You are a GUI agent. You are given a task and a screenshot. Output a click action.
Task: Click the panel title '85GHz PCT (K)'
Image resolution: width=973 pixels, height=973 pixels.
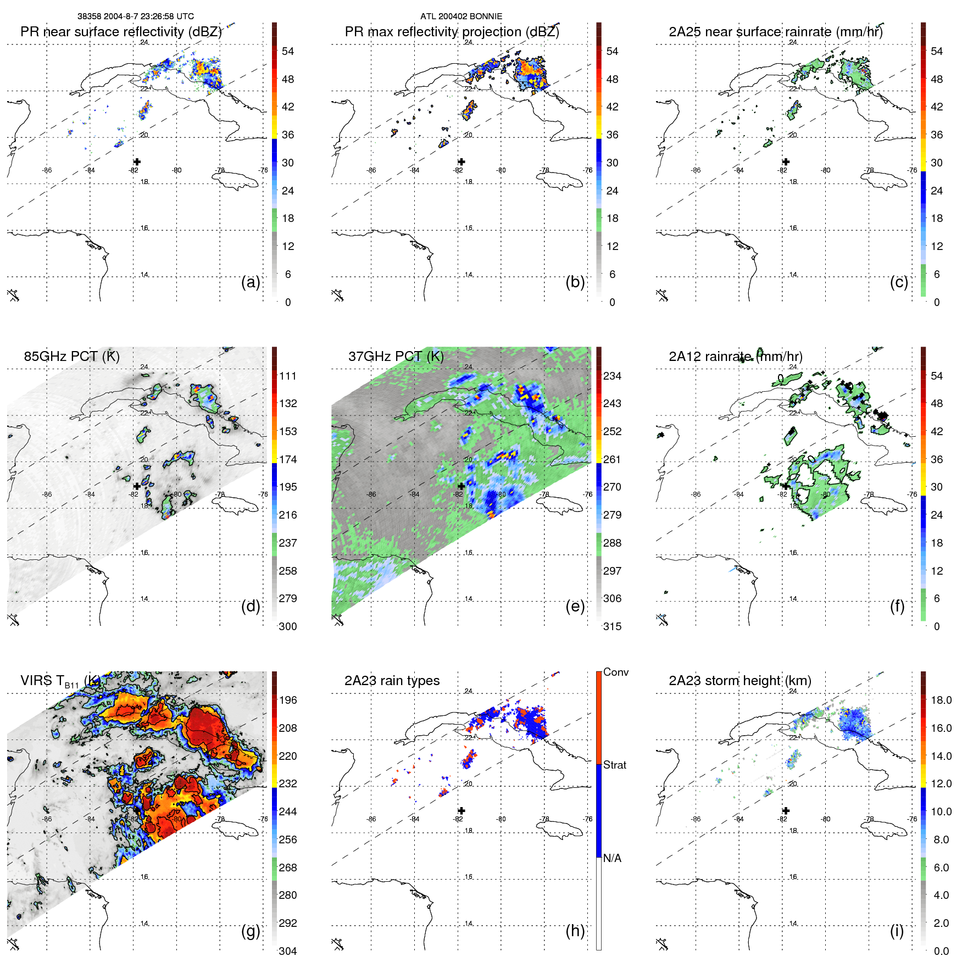(71, 356)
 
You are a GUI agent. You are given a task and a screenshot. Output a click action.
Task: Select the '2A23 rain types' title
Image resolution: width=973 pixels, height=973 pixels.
(392, 681)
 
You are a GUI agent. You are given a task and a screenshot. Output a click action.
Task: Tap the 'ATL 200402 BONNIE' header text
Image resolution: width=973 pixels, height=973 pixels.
(461, 16)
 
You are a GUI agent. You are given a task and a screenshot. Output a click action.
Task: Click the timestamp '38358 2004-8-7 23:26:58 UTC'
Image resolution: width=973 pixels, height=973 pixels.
(135, 16)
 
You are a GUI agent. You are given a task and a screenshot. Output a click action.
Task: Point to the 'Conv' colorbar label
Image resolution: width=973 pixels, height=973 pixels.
(615, 672)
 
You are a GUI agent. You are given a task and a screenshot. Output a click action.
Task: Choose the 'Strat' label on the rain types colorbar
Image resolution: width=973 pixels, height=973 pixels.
(614, 765)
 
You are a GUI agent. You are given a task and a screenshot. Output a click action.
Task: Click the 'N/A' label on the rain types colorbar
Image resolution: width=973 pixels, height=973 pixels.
(612, 858)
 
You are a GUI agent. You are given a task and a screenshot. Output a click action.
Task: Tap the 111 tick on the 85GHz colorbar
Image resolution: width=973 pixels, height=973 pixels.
(288, 376)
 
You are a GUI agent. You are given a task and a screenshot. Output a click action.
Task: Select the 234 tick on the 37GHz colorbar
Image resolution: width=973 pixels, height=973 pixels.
(612, 376)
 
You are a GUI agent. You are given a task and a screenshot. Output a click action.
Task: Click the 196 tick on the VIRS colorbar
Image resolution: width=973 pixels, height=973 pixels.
(288, 700)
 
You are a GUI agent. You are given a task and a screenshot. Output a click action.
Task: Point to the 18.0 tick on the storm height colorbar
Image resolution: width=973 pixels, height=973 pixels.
(941, 700)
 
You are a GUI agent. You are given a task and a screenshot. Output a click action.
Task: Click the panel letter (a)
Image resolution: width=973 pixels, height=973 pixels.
(251, 282)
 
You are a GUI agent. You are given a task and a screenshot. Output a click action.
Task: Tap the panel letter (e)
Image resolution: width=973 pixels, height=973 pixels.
(575, 606)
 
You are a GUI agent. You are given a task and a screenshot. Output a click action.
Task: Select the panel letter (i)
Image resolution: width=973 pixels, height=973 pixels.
(897, 931)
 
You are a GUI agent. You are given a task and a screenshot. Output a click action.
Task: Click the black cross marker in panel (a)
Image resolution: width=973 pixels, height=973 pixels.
(137, 162)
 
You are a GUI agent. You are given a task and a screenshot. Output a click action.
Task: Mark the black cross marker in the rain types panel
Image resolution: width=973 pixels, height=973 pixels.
(462, 810)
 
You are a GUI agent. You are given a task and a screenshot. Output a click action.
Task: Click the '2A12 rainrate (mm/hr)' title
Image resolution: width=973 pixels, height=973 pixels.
(735, 356)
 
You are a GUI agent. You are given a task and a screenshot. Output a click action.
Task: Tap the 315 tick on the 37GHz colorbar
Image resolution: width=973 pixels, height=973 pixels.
(612, 626)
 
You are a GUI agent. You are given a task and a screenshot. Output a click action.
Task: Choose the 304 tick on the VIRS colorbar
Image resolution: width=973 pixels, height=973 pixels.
(288, 951)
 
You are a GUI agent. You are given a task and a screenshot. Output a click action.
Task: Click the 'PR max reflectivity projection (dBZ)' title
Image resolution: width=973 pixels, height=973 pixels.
(452, 32)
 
